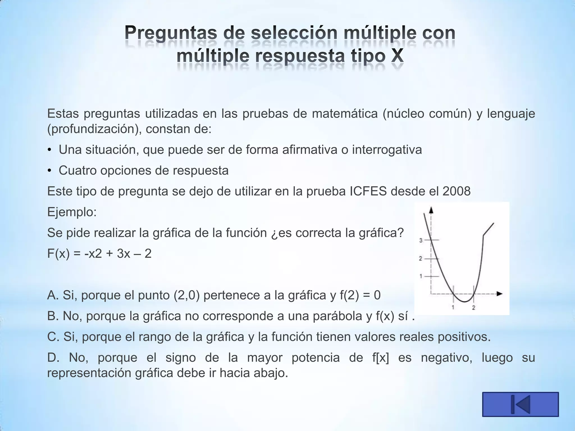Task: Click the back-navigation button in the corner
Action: point(520,404)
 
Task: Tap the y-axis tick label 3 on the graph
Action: point(421,240)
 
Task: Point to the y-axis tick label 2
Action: point(421,258)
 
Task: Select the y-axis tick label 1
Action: point(421,276)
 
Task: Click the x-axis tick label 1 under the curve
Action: point(453,308)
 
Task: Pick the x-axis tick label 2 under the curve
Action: point(474,308)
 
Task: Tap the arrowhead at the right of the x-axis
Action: point(499,294)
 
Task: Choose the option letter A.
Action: point(53,295)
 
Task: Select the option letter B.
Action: point(53,316)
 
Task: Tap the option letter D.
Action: point(53,357)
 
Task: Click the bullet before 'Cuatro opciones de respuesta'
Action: point(49,171)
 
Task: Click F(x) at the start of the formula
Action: point(58,254)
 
